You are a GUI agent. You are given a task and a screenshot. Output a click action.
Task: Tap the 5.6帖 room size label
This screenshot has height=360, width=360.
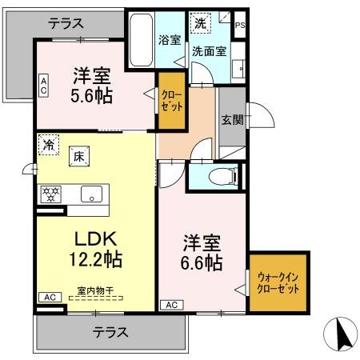tap(92, 86)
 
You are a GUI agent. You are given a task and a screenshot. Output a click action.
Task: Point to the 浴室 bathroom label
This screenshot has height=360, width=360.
tap(169, 39)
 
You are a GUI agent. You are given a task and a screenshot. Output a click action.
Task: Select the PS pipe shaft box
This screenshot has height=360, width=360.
tap(240, 25)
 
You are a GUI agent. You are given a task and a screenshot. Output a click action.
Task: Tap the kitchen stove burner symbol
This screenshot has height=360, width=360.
tap(51, 194)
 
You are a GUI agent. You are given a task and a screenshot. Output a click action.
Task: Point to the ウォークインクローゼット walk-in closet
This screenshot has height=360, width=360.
tap(278, 282)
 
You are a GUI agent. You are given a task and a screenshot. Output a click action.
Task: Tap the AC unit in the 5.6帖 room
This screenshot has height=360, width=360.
tap(43, 85)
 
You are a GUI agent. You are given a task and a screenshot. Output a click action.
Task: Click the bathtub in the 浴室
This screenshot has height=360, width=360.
tap(142, 42)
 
